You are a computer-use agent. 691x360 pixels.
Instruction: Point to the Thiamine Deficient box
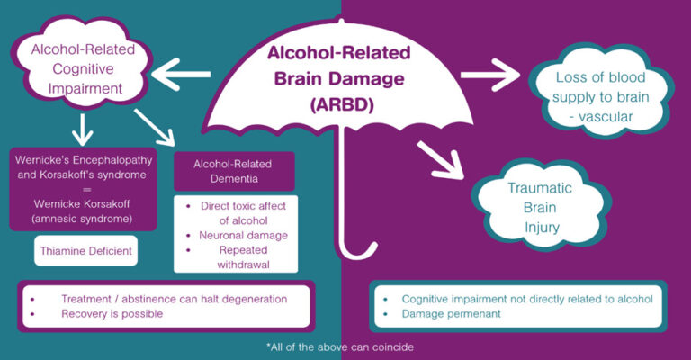pyautogui.click(x=86, y=251)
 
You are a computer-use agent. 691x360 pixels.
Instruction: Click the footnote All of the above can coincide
pyautogui.click(x=344, y=346)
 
